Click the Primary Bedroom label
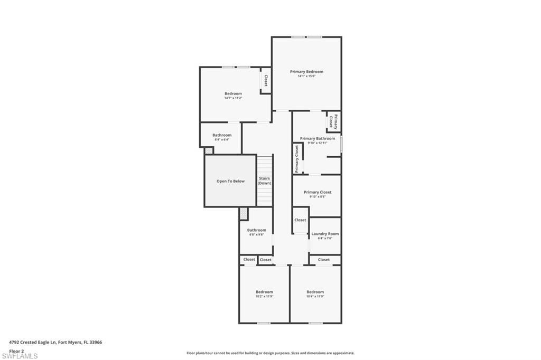point(306,71)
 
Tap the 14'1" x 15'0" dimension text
point(306,76)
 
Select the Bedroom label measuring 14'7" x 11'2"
point(233,93)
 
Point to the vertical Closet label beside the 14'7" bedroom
point(266,80)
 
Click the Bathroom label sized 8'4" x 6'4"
point(222,135)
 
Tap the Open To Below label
point(230,181)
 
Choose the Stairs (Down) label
point(264,181)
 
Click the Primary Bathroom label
point(318,138)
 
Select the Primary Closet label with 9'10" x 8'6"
point(318,192)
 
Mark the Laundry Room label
point(325,233)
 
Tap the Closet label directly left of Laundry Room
point(300,220)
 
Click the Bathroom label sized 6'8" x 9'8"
point(257,230)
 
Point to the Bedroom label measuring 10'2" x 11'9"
point(264,292)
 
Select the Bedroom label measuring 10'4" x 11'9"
point(315,292)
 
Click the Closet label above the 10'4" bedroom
point(324,260)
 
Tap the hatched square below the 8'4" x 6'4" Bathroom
point(209,150)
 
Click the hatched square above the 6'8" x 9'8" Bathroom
point(243,213)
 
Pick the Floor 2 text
point(16,350)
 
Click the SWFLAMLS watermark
point(20,356)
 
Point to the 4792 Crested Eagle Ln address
point(55,342)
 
